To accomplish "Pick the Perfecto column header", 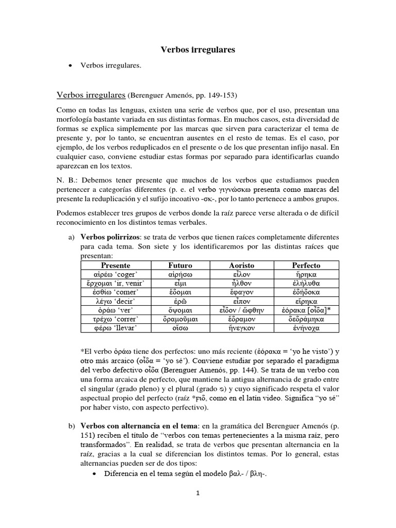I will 305,265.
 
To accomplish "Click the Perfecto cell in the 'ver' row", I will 305,311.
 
